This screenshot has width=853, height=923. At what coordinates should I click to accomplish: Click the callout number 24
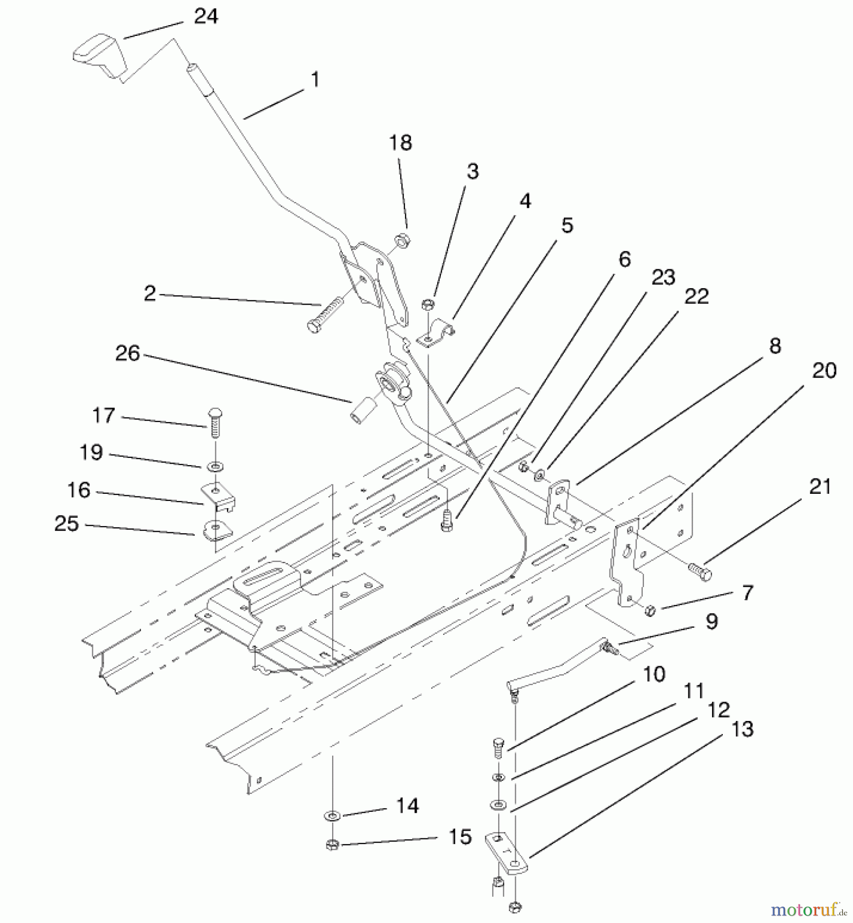click(206, 16)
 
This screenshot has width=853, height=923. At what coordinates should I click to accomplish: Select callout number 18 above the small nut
click(400, 143)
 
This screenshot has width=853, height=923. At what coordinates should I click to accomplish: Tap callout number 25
click(67, 524)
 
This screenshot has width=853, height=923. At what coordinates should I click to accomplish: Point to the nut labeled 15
click(332, 845)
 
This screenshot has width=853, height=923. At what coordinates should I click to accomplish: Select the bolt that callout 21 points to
click(700, 570)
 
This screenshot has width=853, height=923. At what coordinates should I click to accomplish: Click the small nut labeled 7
click(650, 610)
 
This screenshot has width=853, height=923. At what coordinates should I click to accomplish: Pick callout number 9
click(712, 621)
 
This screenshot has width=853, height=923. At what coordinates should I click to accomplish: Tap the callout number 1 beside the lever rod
click(315, 79)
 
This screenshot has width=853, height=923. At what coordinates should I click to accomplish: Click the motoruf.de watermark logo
click(807, 910)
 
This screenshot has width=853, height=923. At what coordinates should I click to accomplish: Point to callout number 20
click(824, 370)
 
